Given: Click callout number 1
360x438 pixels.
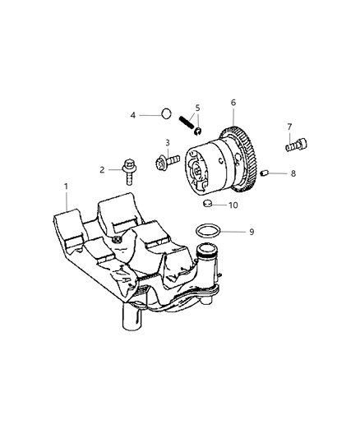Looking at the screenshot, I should (x=67, y=187).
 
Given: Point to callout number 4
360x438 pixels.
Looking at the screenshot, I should (x=133, y=115).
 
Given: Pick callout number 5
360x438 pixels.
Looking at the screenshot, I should (x=196, y=107).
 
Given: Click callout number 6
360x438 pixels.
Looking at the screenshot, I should (x=233, y=102).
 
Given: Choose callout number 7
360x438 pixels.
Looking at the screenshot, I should (x=288, y=127).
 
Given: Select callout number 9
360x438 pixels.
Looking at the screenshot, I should (x=252, y=233).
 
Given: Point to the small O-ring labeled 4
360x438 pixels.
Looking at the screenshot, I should (x=164, y=114).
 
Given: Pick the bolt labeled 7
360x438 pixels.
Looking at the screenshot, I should (x=294, y=145).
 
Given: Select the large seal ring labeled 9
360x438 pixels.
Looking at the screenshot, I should (x=210, y=232).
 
